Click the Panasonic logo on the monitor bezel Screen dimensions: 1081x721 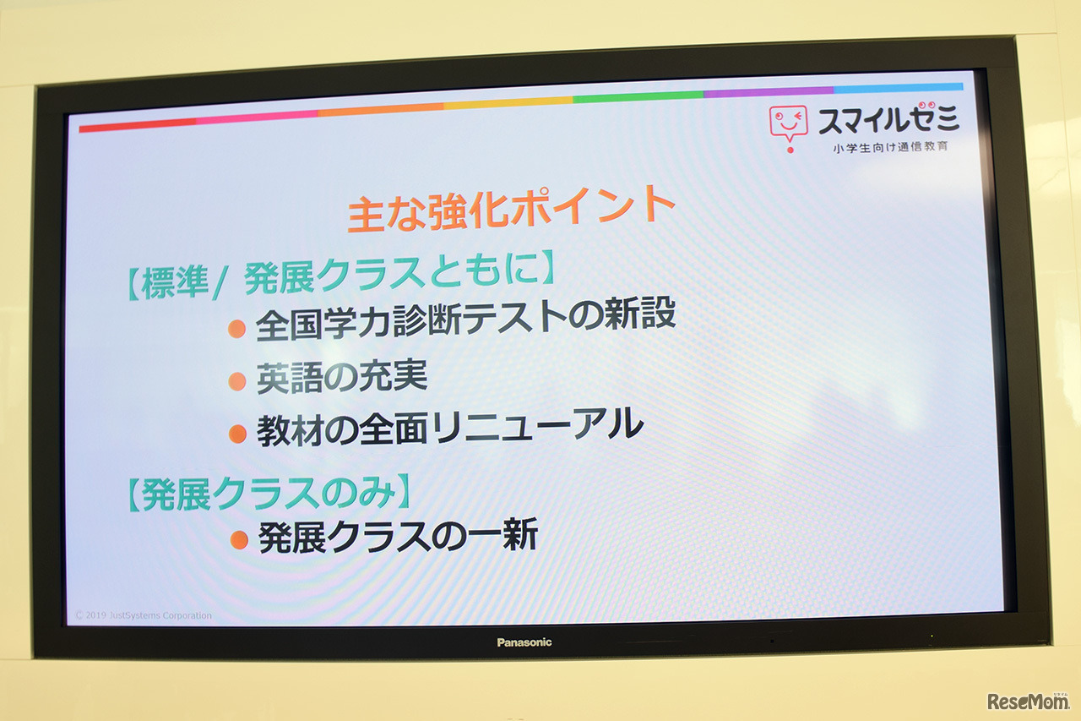pos(524,642)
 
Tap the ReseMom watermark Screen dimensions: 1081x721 pos(1028,702)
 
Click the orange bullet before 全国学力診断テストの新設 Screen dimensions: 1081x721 pos(237,329)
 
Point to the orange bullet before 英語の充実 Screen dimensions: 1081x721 pos(237,381)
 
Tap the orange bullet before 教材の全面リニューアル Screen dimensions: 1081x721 pos(237,434)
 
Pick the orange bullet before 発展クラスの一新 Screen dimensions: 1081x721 pos(239,540)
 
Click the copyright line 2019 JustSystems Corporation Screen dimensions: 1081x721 pos(144,615)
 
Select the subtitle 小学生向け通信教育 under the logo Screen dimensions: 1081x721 pos(890,147)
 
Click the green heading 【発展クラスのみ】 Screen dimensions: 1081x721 pos(269,493)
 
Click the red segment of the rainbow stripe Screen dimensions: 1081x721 pos(138,124)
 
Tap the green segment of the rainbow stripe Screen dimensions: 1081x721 pos(638,96)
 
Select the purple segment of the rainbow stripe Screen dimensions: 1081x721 pos(769,91)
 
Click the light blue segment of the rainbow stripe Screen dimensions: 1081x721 pos(898,89)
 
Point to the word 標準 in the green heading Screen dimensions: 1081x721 pos(175,283)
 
